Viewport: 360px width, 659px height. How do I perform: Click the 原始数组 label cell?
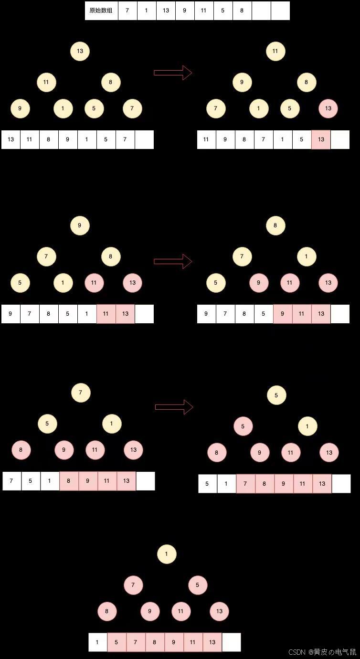pyautogui.click(x=101, y=11)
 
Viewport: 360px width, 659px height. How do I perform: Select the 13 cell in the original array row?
pyautogui.click(x=166, y=11)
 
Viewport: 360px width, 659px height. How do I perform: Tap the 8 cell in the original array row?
pyautogui.click(x=242, y=11)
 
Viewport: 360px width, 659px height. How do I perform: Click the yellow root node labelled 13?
pyautogui.click(x=80, y=51)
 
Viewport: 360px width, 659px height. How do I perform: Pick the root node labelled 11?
pyautogui.click(x=275, y=51)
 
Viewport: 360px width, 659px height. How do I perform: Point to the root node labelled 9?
pyautogui.click(x=80, y=225)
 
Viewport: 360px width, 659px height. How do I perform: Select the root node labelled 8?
pyautogui.click(x=275, y=225)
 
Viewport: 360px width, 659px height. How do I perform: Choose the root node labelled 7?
pyautogui.click(x=81, y=393)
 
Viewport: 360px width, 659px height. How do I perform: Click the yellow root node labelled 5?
pyautogui.click(x=276, y=395)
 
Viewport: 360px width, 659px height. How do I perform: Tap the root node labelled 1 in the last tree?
pyautogui.click(x=167, y=554)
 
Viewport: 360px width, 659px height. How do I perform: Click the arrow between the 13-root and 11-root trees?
pyautogui.click(x=173, y=73)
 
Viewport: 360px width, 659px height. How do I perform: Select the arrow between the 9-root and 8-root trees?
pyautogui.click(x=173, y=261)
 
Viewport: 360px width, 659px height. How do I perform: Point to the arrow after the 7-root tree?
pyautogui.click(x=174, y=407)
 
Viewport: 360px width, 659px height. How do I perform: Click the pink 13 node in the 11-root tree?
pyautogui.click(x=328, y=108)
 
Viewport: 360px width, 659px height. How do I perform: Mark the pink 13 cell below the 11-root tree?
pyautogui.click(x=321, y=139)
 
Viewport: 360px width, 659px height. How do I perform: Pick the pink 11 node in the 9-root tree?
pyautogui.click(x=94, y=283)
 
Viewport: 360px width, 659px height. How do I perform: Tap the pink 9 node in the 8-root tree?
pyautogui.click(x=259, y=283)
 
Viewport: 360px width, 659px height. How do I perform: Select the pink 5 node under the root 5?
pyautogui.click(x=243, y=426)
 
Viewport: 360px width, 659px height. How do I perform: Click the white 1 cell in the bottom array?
pyautogui.click(x=98, y=642)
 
